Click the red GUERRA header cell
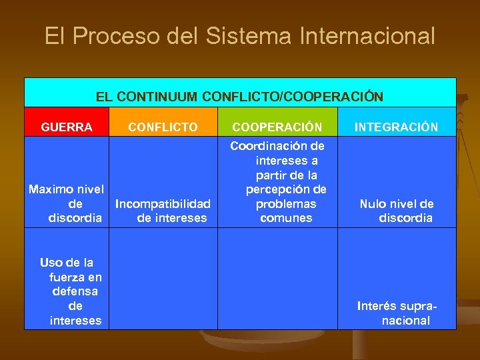click(67, 127)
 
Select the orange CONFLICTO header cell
click(163, 127)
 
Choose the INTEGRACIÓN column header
click(396, 127)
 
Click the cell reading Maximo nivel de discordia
click(67, 203)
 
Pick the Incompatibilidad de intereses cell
click(163, 211)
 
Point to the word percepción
click(286, 189)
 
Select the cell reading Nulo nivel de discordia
click(397, 211)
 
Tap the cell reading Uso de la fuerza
click(67, 291)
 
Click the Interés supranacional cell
click(397, 313)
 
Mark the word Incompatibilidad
click(163, 204)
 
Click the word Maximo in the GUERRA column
click(49, 189)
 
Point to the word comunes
click(286, 218)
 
